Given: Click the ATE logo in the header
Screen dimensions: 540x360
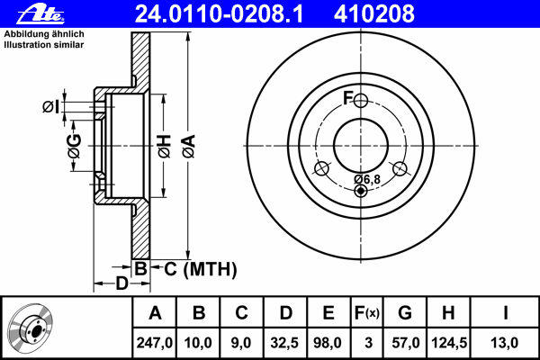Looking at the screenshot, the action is pos(40,13).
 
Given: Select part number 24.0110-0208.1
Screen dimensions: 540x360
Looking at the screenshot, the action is pos(219,14).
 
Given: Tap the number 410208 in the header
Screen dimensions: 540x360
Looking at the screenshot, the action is pos(374,14).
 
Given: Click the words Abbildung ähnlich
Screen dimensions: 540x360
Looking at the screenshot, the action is pos(44,34).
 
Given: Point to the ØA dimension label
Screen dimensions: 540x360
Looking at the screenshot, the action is pos(189,147).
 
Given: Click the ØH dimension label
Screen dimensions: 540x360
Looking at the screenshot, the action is pos(165,147).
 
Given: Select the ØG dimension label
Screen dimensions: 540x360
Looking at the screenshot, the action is pos(75,146).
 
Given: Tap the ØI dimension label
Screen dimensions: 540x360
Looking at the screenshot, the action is pos(50,106).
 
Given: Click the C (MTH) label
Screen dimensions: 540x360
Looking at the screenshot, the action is pos(201,269).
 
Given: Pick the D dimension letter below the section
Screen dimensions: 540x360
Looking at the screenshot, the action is pos(121,283).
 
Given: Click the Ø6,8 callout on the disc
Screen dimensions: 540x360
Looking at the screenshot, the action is pos(367,179).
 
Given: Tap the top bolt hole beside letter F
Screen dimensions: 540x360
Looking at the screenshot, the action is pos(361,101).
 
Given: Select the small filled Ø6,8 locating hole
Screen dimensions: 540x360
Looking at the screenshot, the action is pos(361,190).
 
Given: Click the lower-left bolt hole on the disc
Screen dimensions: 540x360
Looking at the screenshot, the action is pos(322,169).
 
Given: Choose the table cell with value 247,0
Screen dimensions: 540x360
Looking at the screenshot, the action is pos(154,343).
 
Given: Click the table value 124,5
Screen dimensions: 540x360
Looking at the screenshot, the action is pos(449,343).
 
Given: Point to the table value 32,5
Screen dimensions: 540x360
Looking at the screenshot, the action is pos(284,343).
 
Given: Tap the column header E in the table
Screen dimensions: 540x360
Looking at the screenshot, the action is pos(328,313).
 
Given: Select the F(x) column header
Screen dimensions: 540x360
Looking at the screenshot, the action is pos(367,313).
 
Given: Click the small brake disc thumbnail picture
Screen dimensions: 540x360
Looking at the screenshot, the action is pos(31,328).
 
